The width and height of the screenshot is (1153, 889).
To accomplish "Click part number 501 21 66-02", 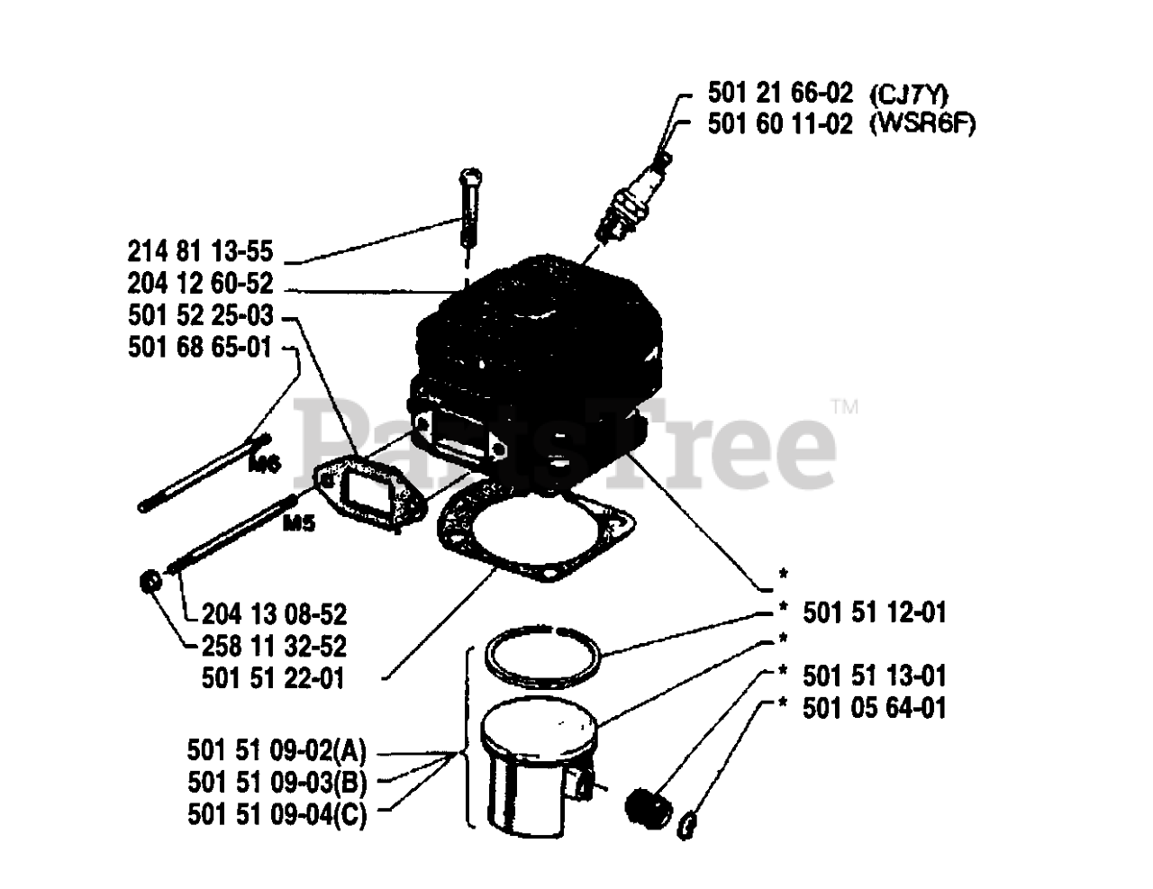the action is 780,94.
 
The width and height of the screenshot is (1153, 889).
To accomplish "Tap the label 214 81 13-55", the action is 200,251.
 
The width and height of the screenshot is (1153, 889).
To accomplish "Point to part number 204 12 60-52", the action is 200,283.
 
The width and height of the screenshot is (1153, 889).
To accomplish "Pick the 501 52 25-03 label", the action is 200,315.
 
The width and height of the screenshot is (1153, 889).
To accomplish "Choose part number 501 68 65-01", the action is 200,348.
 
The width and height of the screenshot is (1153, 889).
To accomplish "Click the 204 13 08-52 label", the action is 275,615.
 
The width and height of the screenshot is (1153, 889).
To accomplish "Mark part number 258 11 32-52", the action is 275,647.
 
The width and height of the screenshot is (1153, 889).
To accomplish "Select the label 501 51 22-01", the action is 273,678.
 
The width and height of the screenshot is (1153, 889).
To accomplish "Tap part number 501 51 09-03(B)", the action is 277,783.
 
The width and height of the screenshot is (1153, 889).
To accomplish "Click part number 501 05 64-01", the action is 875,708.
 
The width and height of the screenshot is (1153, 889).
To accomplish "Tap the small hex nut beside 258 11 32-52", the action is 150,582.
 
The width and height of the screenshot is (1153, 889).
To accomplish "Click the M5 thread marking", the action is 300,523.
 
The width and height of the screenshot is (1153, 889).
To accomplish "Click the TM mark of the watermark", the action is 845,407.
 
